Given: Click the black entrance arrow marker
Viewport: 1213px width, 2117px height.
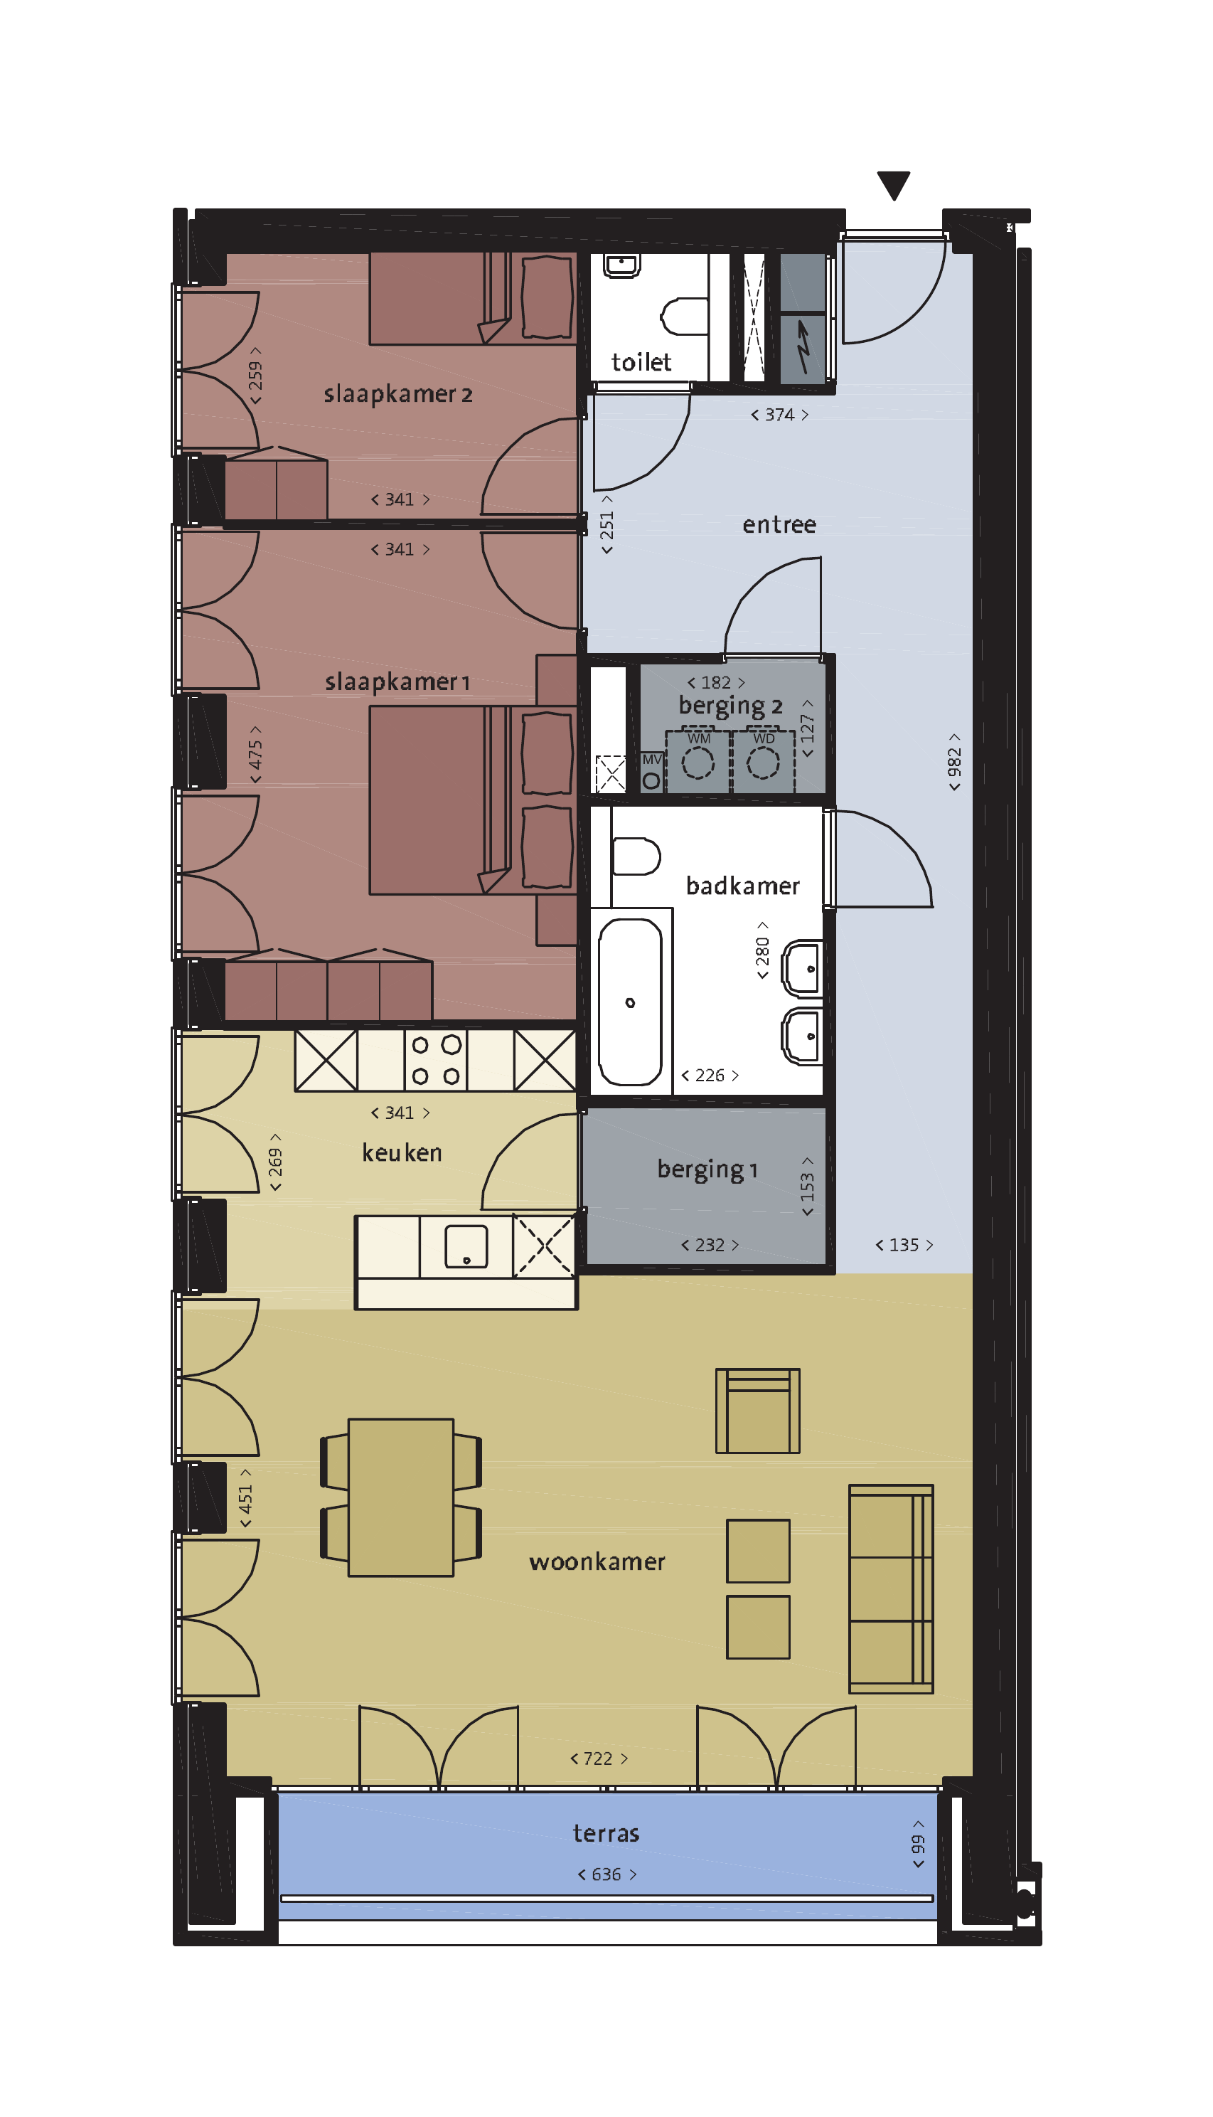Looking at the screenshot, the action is coord(893,184).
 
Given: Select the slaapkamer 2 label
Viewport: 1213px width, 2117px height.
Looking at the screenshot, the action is coord(397,393).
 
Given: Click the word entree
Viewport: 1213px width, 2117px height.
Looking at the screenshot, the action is coord(779,525).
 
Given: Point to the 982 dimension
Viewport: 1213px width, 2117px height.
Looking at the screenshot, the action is coord(954,762).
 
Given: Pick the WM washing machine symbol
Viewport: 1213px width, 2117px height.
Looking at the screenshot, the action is coord(698,760).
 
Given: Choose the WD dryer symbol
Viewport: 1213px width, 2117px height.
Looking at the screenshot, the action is coord(763,760).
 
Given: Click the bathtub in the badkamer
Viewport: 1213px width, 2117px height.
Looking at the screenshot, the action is coord(631,1001).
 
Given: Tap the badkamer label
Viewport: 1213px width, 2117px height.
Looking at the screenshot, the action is coord(742,885).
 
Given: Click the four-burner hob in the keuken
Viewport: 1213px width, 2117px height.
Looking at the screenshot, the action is coord(436,1060).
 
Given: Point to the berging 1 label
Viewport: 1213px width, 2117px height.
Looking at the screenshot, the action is coord(707,1169).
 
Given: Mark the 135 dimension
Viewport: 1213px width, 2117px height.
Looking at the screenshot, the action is coord(904,1244).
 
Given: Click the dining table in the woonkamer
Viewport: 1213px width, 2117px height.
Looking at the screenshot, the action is coord(401,1497).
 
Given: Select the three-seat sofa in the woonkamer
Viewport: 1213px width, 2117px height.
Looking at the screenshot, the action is coord(891,1588).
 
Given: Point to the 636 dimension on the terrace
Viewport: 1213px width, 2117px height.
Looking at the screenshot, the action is coord(606,1874).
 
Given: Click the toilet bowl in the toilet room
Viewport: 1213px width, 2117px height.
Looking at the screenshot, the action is coord(684,317).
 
